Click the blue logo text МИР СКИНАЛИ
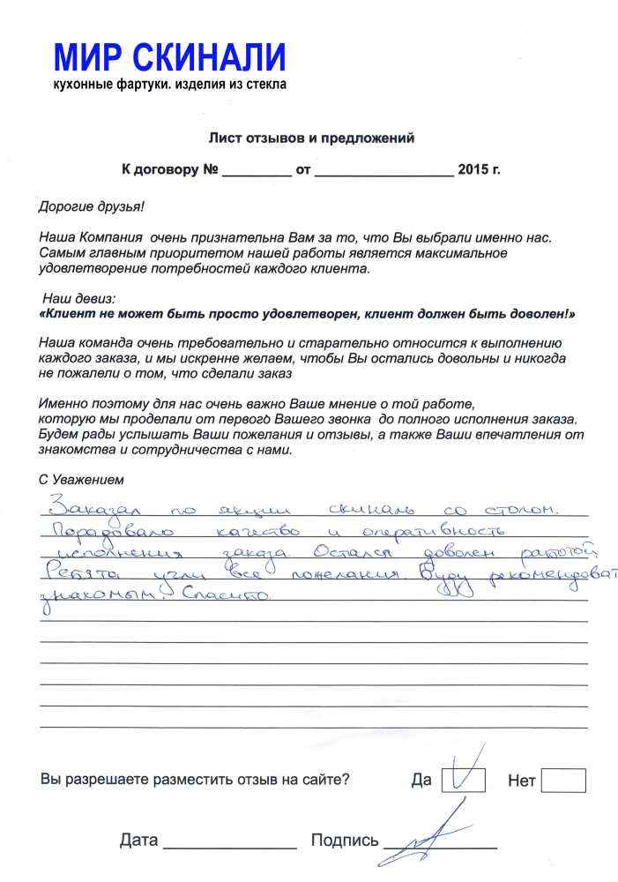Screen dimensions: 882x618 pyautogui.click(x=170, y=58)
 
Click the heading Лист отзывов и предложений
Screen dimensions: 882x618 pyautogui.click(x=311, y=138)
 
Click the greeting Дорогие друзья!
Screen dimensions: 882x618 pyautogui.click(x=92, y=206)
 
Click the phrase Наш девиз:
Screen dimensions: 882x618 pyautogui.click(x=79, y=299)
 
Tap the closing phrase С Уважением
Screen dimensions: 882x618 pyautogui.click(x=82, y=481)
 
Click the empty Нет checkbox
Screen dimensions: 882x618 pyautogui.click(x=563, y=781)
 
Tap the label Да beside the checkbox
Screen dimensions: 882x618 pyautogui.click(x=421, y=781)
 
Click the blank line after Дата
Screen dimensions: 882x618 pyautogui.click(x=230, y=841)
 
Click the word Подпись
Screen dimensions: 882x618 pyautogui.click(x=345, y=841)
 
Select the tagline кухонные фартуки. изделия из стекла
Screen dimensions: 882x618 pyautogui.click(x=170, y=85)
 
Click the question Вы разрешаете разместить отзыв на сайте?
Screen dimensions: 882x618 pyautogui.click(x=195, y=780)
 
